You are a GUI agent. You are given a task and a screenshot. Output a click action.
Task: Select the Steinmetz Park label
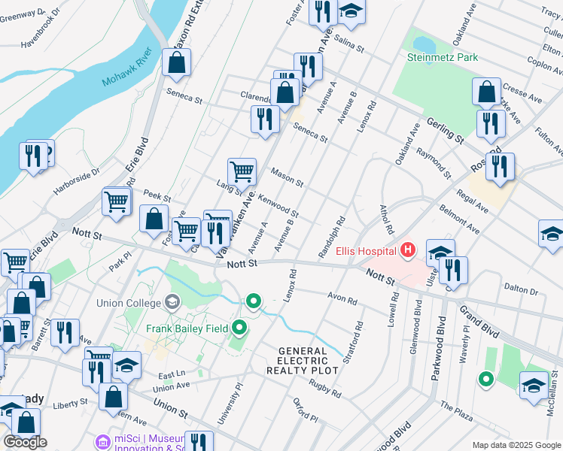point(442,57)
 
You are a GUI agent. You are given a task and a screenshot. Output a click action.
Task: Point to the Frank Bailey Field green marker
point(240,327)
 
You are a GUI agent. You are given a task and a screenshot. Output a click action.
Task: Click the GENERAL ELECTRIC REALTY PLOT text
point(303,361)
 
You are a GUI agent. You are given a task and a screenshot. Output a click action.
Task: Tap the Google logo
point(25,442)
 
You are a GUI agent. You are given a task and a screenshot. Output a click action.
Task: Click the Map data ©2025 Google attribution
point(516,445)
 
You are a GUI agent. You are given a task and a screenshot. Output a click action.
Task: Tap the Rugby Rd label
point(324,387)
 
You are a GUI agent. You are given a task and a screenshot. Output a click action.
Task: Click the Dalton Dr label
point(521,289)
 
